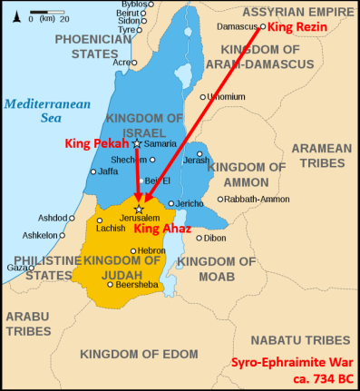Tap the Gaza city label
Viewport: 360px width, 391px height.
(18, 267)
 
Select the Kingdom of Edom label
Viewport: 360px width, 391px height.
(138, 352)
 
